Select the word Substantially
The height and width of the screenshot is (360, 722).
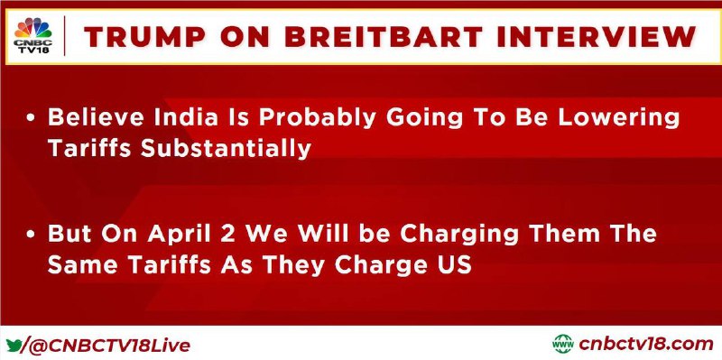(x=227, y=149)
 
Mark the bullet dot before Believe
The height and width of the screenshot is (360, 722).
(x=31, y=119)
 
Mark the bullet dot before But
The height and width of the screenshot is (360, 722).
(x=31, y=235)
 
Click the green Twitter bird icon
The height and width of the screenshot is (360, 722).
(x=13, y=345)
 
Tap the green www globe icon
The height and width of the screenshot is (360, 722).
(x=563, y=344)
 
